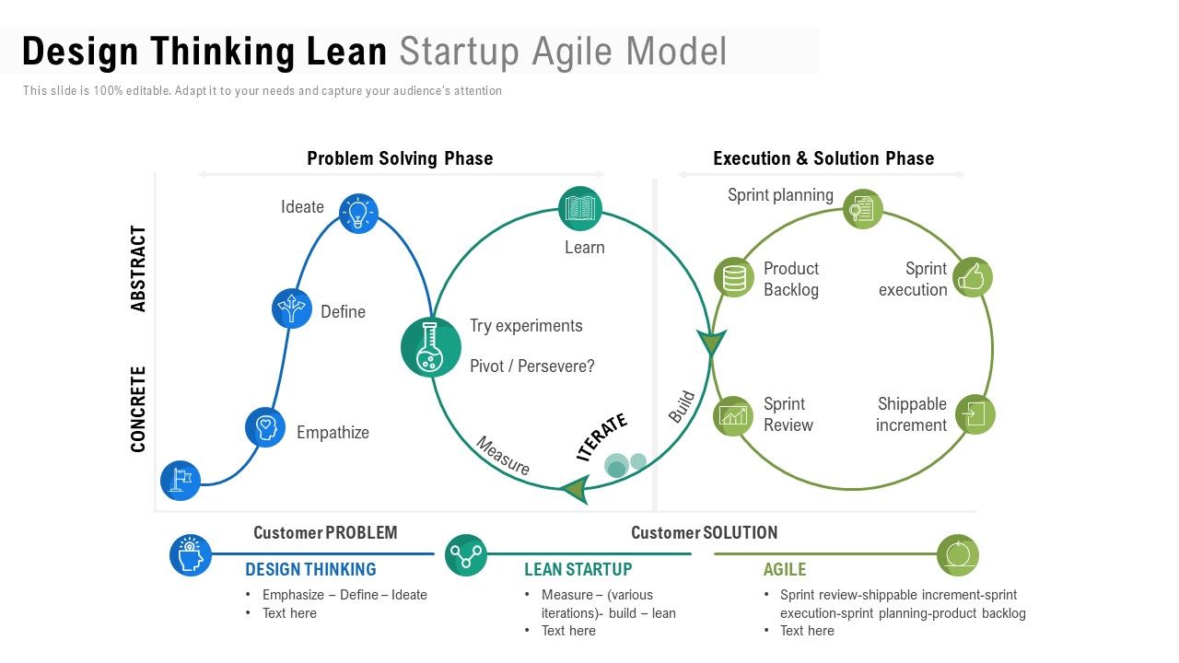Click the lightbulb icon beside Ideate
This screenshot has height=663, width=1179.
coord(358,213)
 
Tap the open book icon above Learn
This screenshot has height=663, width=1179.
coord(580,208)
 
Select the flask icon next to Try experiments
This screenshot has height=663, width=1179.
coord(430,347)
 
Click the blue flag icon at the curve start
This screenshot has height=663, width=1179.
coord(181,481)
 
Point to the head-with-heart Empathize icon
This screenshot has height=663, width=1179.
coord(265,427)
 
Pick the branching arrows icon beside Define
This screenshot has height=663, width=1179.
coord(292,308)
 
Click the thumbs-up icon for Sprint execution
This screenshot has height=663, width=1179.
coord(973,277)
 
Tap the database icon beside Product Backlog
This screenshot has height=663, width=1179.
coord(734,277)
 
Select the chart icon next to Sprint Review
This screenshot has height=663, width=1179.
coord(733,415)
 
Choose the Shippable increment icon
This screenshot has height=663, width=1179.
coord(975,414)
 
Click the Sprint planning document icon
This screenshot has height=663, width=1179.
coord(863,209)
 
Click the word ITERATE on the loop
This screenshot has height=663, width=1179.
coord(601,436)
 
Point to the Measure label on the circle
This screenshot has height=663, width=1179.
coord(503,456)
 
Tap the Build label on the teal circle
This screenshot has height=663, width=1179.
coord(683,407)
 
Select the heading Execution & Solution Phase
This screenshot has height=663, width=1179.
coord(823,158)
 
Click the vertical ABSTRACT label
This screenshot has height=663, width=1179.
coord(138,268)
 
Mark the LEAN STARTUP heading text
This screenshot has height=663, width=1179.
coord(578,569)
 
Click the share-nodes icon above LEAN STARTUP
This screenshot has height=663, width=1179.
coord(466,555)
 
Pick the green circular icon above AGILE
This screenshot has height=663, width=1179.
coord(958,555)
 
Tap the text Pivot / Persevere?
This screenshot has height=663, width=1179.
coord(532,366)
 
